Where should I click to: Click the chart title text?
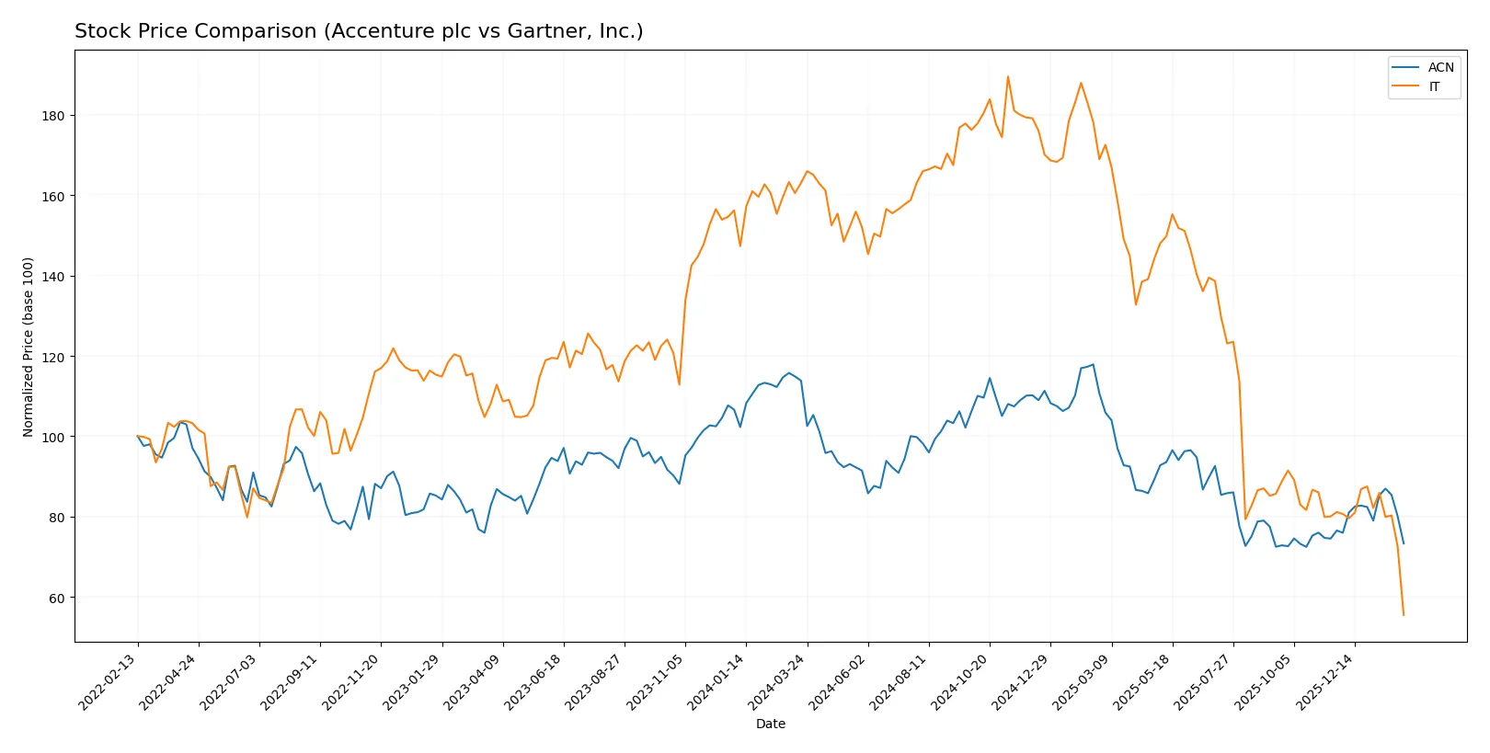coord(359,31)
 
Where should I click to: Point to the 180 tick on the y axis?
coord(52,116)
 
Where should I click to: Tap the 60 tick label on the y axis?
coord(55,598)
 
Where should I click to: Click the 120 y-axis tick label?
coord(52,357)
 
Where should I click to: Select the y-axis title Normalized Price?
coord(29,347)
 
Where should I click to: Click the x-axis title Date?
coord(770,724)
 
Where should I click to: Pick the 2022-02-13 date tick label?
coord(109,683)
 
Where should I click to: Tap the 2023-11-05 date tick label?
coord(656,683)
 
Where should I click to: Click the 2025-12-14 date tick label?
coord(1325,683)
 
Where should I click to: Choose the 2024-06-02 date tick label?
coord(839,683)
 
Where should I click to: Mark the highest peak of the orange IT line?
coord(1007,76)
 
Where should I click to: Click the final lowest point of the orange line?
coord(1403,614)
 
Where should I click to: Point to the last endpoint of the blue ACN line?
coord(1403,543)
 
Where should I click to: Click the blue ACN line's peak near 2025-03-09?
coord(1093,364)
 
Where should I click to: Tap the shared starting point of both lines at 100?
coord(138,436)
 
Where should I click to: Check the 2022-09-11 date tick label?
coord(291,683)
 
